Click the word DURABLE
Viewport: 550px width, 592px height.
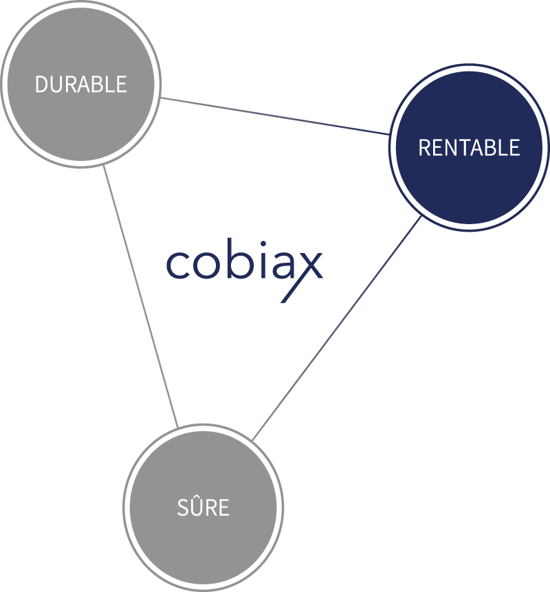coord(81,84)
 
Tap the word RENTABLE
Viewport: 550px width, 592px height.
coord(469,148)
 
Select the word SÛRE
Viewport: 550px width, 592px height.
coord(203,507)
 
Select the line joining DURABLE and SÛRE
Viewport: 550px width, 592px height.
coord(140,296)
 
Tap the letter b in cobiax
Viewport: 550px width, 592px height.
coord(239,259)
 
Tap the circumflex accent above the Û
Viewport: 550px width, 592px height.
coord(194,496)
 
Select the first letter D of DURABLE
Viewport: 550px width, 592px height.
coord(41,84)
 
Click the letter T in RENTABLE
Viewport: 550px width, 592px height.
coord(460,148)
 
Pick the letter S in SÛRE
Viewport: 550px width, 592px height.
coord(182,508)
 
